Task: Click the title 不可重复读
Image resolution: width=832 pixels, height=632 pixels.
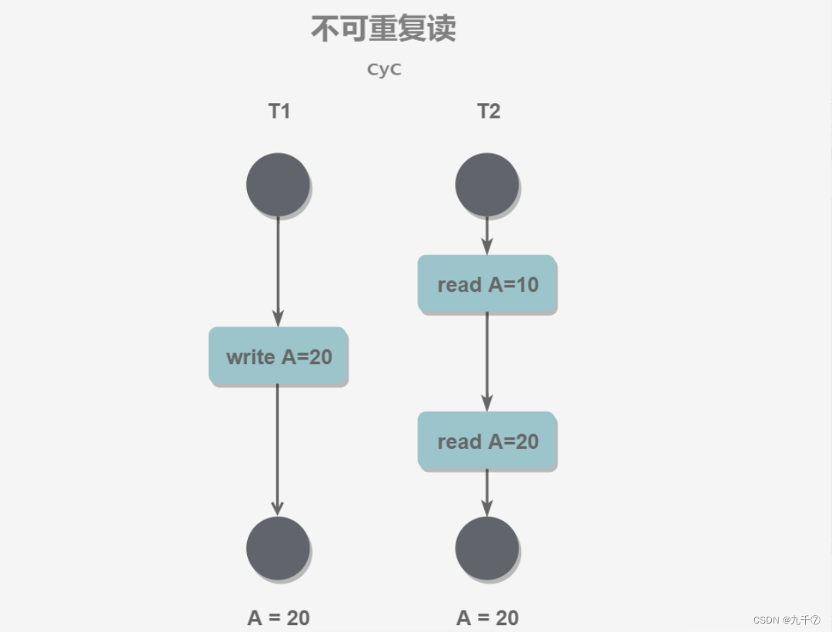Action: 383,29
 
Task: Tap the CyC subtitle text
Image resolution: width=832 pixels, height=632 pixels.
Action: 384,69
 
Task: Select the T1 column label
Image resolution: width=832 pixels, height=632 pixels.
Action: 279,112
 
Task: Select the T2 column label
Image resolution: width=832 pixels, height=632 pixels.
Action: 488,112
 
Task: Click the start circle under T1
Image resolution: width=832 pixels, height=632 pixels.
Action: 278,185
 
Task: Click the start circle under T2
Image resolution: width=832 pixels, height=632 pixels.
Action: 487,185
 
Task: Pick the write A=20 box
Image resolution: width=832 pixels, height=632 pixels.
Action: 278,356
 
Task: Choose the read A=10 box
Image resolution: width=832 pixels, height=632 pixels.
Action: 486,284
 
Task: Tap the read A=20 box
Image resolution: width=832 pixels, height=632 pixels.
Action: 486,441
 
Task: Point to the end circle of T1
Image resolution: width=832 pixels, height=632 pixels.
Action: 278,548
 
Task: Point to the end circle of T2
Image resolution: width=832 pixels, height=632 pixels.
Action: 487,548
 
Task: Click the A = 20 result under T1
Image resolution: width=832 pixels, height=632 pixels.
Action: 279,617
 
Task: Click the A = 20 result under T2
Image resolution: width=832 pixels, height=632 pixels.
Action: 487,617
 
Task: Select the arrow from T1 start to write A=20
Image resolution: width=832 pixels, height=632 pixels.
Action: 278,269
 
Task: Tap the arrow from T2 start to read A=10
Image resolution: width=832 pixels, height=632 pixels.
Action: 487,235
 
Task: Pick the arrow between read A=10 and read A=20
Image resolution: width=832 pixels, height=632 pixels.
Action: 486,362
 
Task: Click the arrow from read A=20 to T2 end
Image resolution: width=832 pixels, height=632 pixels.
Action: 486,493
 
